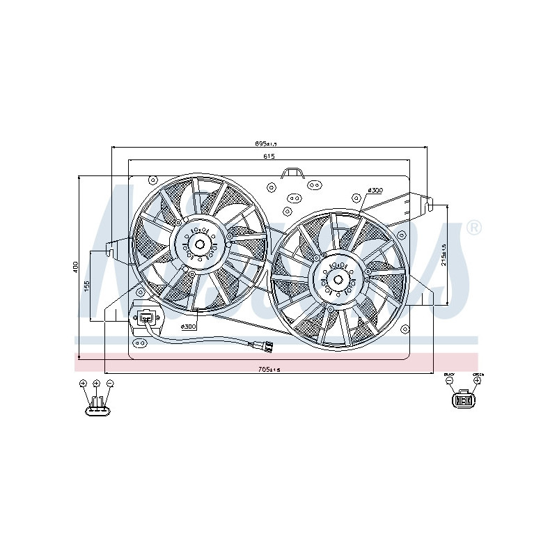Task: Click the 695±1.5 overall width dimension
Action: [267, 143]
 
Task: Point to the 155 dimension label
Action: [87, 286]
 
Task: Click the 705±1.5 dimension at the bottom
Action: [268, 370]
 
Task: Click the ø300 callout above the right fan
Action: [375, 190]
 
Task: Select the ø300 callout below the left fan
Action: [189, 326]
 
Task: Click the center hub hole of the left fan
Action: [200, 244]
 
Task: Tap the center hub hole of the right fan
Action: [338, 280]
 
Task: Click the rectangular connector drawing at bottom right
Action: [463, 400]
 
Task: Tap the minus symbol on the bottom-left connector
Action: [110, 384]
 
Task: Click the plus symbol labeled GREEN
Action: [477, 381]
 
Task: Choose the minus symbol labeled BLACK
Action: [450, 381]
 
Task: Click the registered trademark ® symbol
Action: [473, 228]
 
